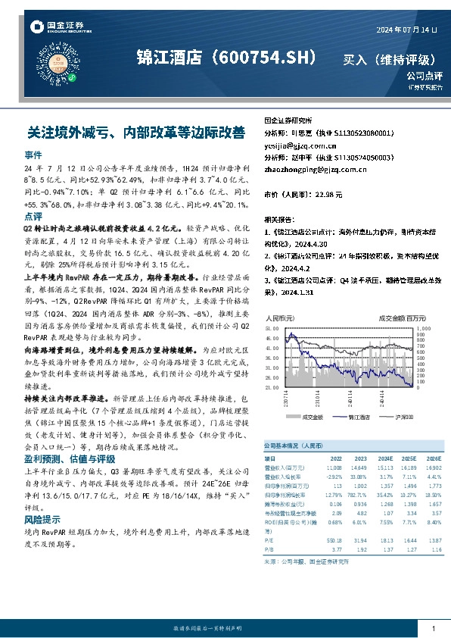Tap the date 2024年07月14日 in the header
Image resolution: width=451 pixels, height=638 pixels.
[x=407, y=29]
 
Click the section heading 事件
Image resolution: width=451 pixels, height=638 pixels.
[x=33, y=154]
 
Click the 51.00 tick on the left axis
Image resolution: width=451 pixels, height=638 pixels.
[x=272, y=329]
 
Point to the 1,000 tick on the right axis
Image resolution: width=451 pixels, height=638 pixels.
[x=423, y=329]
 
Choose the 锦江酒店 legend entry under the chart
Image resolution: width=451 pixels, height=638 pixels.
[x=359, y=417]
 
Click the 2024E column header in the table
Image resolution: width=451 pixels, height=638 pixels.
[x=385, y=458]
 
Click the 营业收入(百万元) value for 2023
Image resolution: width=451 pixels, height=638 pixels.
[x=360, y=467]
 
